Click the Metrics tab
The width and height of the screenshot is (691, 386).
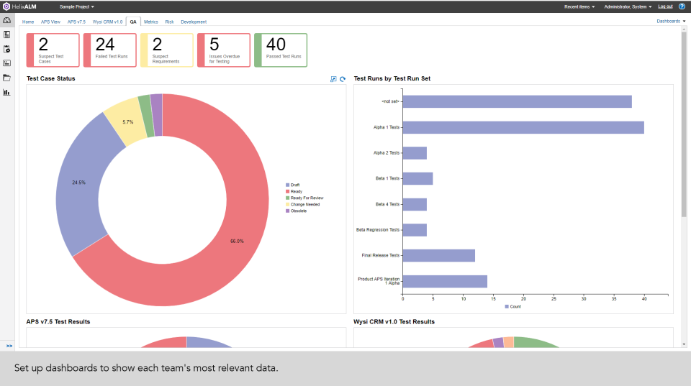click(x=151, y=22)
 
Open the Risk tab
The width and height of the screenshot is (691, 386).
click(x=169, y=22)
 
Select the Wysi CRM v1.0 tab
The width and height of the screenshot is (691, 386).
click(x=107, y=22)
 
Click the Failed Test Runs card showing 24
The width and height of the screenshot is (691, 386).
click(x=110, y=50)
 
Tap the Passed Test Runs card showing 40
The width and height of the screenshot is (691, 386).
click(x=281, y=50)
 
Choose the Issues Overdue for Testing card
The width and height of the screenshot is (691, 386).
click(x=224, y=50)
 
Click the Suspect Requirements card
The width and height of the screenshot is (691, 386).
click(x=167, y=50)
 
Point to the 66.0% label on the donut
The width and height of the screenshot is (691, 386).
click(x=237, y=241)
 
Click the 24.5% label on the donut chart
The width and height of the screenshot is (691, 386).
click(x=79, y=183)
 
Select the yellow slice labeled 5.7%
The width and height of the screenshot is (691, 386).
click(x=127, y=122)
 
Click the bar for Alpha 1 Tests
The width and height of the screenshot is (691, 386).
click(x=523, y=127)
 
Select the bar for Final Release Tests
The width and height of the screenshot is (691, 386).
click(x=438, y=255)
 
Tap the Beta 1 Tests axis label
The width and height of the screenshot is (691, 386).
click(x=387, y=178)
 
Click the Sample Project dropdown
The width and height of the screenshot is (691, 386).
click(x=76, y=6)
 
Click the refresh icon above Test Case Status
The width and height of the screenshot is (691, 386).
click(x=343, y=79)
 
